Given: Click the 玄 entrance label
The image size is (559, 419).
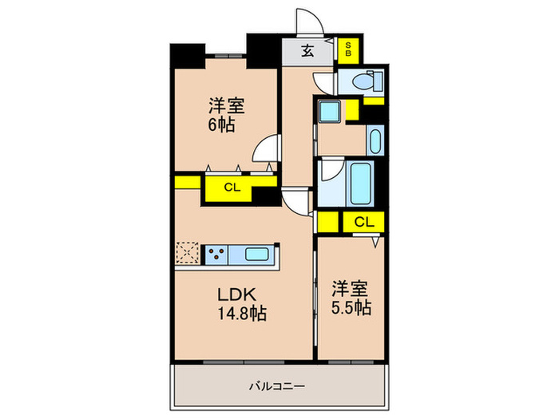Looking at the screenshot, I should point(307,51).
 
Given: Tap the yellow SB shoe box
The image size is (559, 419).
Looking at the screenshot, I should point(348,51).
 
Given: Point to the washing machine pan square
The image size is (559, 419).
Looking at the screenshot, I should point(330,111).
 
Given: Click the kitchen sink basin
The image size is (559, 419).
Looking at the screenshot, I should point(256,255).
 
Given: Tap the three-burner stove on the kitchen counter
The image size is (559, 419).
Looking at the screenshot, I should point(215,255).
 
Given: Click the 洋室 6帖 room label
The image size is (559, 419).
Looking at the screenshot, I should point(226,114).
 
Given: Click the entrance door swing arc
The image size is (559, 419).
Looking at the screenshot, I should point(307,22).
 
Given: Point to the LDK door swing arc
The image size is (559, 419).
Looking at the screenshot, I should point(297,203).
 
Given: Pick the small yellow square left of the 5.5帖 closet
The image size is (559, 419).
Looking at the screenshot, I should point(326,221).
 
